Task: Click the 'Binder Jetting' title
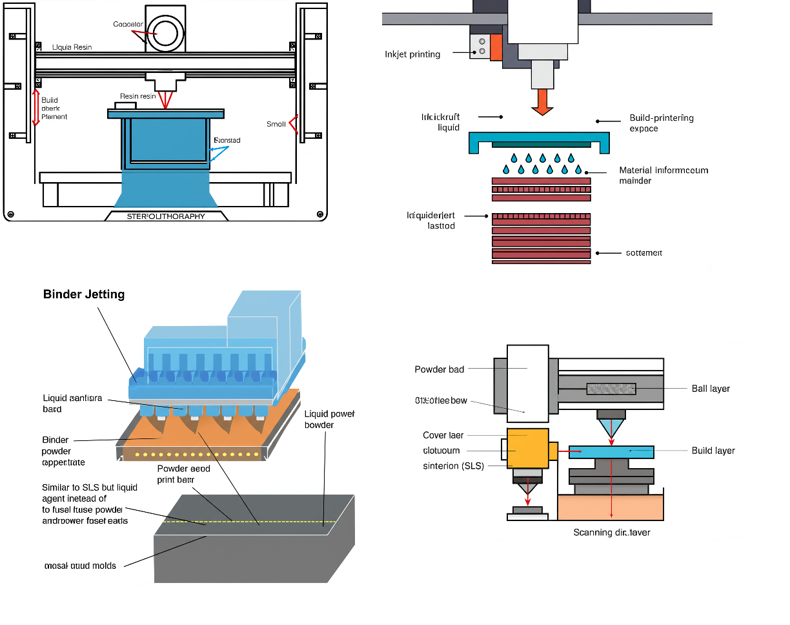pos(84,294)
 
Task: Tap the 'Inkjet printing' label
pos(412,54)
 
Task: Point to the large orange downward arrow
pos(542,102)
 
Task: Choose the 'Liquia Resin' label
pos(72,47)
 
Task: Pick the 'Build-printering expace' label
pos(661,123)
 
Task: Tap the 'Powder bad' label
pos(439,369)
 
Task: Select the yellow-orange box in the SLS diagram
pos(528,448)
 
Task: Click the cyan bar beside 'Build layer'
pos(611,451)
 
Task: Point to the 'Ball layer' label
pos(711,389)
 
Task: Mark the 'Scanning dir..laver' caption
pos(612,533)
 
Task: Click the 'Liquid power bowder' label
pos(329,419)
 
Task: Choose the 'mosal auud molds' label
pos(80,566)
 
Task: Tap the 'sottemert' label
pos(643,253)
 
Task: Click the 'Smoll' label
pos(276,124)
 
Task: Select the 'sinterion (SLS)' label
pos(453,466)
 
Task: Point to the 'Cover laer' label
pos(443,435)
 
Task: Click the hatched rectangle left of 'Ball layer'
pos(611,389)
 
